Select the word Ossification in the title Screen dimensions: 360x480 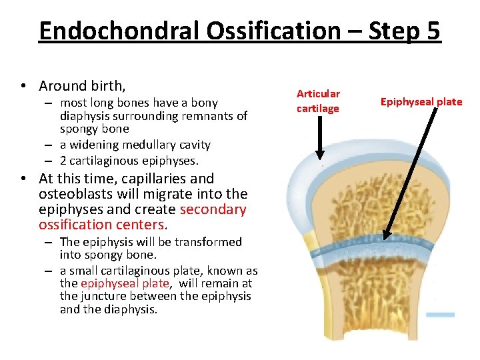(x=277, y=31)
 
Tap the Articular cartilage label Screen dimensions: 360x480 (x=318, y=101)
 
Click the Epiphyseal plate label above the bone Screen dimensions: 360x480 (x=421, y=101)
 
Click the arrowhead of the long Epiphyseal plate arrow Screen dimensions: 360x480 (x=385, y=235)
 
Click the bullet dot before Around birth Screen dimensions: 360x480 (x=23, y=87)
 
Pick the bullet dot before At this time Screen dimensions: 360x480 (x=23, y=179)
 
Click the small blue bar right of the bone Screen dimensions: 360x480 (x=440, y=314)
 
